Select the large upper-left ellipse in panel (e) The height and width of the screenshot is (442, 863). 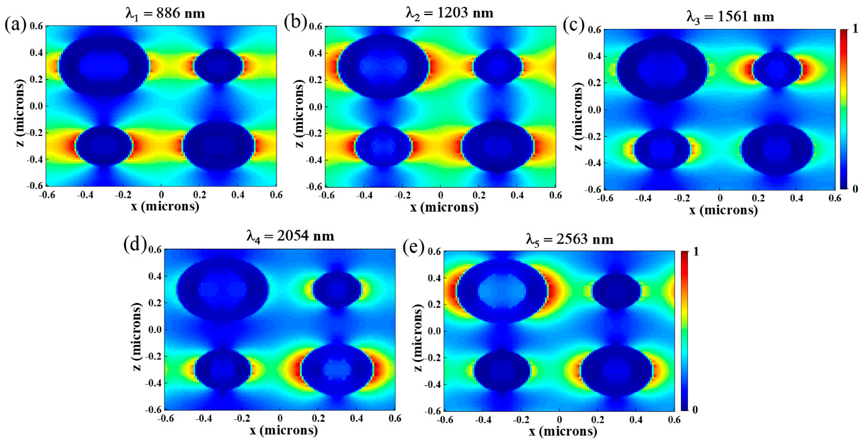(x=502, y=292)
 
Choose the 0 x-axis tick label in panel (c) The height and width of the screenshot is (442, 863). (x=719, y=198)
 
